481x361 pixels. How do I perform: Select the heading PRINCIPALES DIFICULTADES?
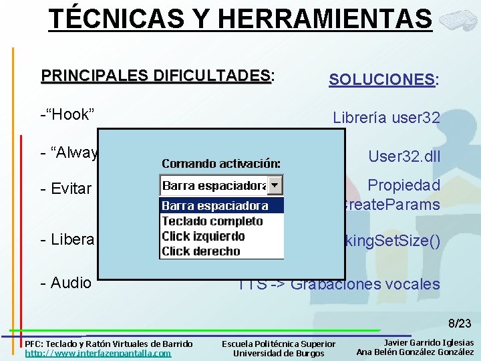[x=156, y=74]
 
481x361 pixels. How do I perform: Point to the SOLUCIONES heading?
[x=383, y=80]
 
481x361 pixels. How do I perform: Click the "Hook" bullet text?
[x=67, y=114]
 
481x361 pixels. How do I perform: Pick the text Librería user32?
[x=386, y=118]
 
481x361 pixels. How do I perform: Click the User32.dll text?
[x=404, y=156]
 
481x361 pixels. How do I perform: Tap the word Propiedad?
[x=404, y=185]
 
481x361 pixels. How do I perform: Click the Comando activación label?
[x=221, y=164]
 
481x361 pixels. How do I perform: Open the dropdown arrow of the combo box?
[x=276, y=185]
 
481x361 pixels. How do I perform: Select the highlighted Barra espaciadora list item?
[x=215, y=206]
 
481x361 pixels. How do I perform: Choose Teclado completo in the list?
[x=212, y=221]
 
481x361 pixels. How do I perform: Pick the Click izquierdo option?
[x=203, y=236]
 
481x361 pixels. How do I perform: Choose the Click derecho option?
[x=200, y=251]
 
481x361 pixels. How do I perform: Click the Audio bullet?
[x=66, y=283]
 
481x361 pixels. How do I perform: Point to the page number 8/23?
[x=460, y=324]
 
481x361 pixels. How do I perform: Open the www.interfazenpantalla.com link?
[x=98, y=353]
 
